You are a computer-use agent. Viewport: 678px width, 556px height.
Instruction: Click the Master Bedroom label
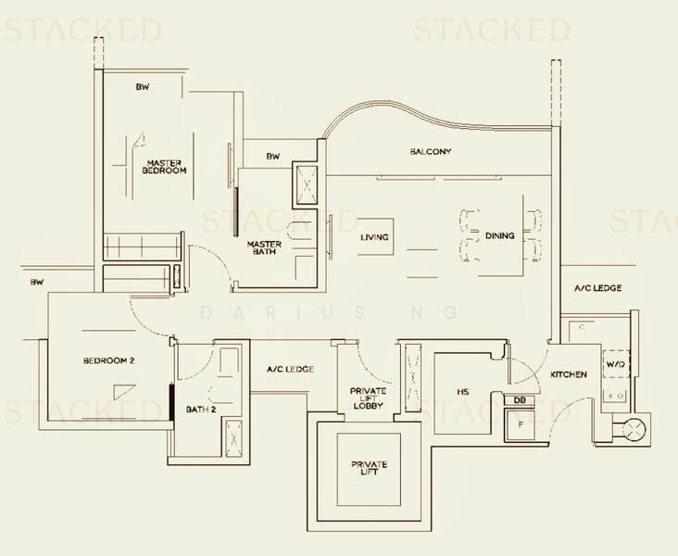pos(164,167)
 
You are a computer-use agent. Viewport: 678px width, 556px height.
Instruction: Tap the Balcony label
pos(431,151)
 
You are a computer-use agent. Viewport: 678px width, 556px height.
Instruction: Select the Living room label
pos(374,237)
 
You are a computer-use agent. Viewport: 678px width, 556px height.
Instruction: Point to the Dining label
pos(500,235)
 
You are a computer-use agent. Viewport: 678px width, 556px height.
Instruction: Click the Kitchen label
pos(569,374)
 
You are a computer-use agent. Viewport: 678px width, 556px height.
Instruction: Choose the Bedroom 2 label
pos(109,360)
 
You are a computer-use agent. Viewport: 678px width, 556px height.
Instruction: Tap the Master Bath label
pos(264,247)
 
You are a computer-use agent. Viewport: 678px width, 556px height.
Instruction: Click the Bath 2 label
pos(201,409)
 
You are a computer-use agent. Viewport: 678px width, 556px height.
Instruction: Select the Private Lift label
pos(370,468)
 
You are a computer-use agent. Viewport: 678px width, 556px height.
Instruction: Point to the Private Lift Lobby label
pos(369,398)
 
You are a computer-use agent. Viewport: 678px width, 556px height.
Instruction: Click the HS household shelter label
pos(463,392)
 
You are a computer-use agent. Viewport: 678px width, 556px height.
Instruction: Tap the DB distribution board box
pos(520,400)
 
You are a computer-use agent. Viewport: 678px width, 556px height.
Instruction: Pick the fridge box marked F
pos(521,424)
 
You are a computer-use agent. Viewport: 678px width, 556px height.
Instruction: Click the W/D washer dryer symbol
pos(616,363)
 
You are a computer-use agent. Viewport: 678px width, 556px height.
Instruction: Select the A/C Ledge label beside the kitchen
pos(598,288)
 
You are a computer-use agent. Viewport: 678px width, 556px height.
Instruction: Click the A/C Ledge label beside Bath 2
pos(290,369)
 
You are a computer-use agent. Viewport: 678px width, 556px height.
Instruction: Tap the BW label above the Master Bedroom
pos(143,86)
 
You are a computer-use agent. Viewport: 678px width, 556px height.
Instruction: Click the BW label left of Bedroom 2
pos(37,282)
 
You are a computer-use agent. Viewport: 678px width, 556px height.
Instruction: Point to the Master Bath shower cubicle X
pos(307,185)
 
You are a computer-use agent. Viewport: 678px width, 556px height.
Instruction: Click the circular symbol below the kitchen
pos(634,430)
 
